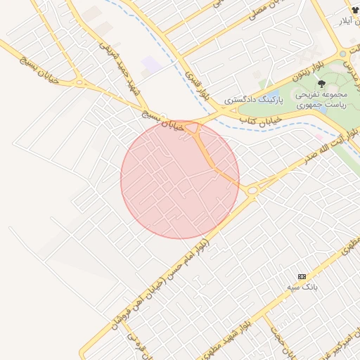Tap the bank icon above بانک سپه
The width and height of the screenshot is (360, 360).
click(302, 276)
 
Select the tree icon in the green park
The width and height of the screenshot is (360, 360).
click(321, 84)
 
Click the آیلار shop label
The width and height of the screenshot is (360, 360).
click(348, 22)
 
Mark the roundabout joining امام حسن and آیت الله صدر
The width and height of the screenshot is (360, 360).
click(252, 189)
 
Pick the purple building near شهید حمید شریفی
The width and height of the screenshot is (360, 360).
click(150, 67)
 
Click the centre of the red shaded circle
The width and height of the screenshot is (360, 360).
click(180, 179)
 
